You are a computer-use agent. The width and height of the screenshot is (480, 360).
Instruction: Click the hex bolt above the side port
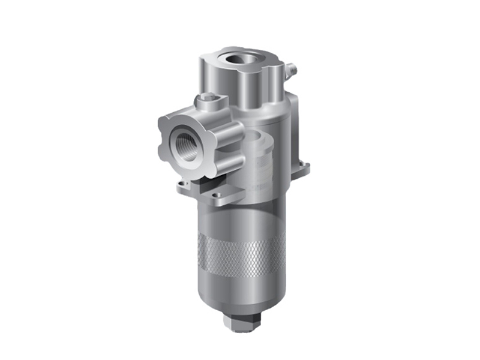tap(207, 98)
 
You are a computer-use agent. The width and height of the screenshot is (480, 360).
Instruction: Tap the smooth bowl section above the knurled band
tap(240, 219)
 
